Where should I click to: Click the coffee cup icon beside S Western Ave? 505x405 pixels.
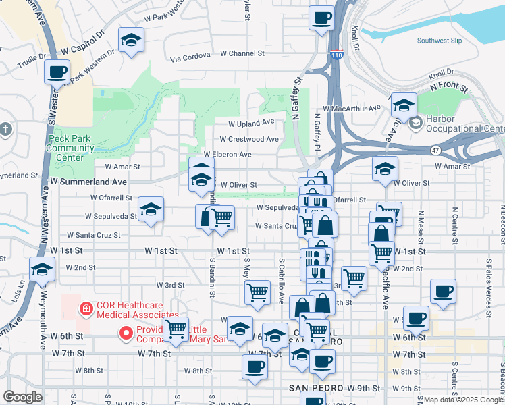(x=57, y=71)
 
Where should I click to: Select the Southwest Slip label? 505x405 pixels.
(x=439, y=40)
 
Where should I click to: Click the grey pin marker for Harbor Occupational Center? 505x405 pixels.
(x=416, y=123)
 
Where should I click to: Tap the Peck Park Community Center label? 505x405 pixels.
(x=65, y=148)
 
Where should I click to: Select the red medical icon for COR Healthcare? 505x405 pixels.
(x=86, y=310)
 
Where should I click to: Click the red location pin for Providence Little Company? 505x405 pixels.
(x=125, y=333)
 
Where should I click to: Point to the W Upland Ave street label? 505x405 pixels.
(x=250, y=124)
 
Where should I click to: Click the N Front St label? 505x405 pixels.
(x=449, y=87)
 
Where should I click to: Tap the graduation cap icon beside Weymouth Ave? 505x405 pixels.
(x=43, y=270)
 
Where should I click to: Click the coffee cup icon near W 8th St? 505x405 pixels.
(x=255, y=367)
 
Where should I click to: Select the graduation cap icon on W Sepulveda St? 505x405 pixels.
(x=151, y=209)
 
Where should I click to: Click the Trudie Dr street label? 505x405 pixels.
(x=32, y=57)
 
